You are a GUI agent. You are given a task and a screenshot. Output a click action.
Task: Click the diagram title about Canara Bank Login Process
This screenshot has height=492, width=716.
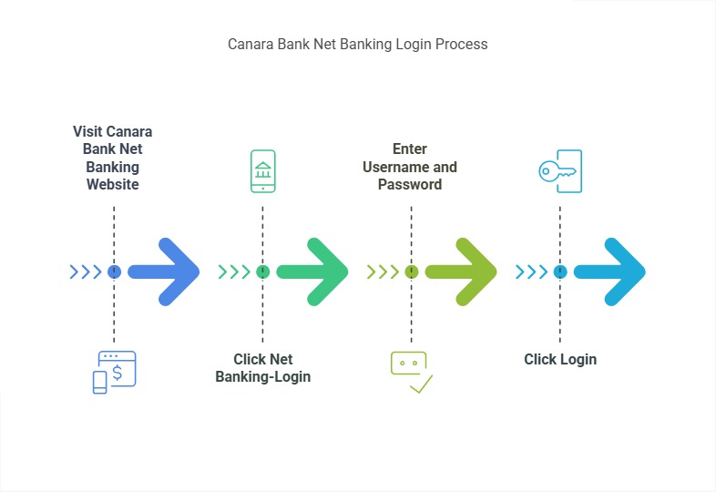coord(357,44)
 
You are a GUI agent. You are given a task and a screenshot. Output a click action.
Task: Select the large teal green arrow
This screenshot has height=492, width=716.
coord(315,272)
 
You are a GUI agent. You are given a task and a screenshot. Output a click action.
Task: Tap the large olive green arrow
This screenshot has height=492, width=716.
coord(464,272)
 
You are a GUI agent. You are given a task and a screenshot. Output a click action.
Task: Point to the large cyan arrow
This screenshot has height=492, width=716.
coord(612,272)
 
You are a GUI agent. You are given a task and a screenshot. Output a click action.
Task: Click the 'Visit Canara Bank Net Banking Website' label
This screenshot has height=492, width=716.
coord(113,158)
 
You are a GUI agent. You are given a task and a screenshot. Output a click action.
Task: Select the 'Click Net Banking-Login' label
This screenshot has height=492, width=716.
coord(262,368)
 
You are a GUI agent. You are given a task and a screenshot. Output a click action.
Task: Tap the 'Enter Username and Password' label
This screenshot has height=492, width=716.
coord(410,167)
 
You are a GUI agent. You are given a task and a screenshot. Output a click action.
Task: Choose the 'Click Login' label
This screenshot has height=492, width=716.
coord(560,359)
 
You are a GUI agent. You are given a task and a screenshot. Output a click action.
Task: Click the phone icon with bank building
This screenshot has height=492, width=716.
coord(262,171)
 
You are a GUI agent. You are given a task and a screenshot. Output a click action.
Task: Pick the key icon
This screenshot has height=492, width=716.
coord(559,171)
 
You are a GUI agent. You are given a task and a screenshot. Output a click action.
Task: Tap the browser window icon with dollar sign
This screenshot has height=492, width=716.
coord(114,372)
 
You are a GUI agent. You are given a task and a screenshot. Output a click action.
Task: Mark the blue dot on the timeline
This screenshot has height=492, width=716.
coord(114,272)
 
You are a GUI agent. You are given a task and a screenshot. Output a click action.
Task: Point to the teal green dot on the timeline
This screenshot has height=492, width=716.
coord(262,272)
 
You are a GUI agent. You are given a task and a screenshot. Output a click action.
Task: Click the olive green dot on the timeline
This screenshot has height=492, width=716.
coord(411,272)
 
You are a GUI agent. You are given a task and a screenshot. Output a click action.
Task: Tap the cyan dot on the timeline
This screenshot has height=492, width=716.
coord(560,272)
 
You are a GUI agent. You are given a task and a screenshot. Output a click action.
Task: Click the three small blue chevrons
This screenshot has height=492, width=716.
coord(86,272)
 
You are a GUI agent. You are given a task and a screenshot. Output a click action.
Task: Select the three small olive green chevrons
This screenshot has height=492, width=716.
coord(383,272)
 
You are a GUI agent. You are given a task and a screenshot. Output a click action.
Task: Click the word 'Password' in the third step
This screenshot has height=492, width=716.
coord(410,184)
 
